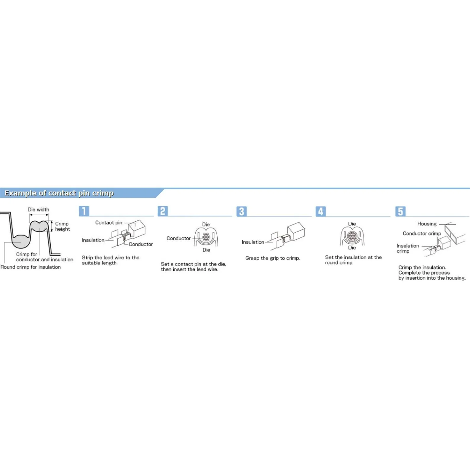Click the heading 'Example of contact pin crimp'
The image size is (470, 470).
(59, 193)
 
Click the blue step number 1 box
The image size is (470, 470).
(84, 211)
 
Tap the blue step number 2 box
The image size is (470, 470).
(163, 211)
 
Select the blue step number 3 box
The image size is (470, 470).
(242, 211)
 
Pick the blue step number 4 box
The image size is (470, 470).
(321, 211)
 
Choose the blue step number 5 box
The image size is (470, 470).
(400, 211)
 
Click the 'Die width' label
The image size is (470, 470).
(39, 210)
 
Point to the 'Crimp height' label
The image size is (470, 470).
(62, 226)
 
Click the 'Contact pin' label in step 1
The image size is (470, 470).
(109, 223)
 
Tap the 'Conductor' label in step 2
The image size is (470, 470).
(179, 238)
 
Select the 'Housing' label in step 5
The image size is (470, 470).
(427, 224)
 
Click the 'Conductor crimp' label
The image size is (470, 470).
(422, 234)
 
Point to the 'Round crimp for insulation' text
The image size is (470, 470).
(31, 267)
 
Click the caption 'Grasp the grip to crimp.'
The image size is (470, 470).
(273, 258)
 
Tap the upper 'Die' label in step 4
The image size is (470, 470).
(352, 224)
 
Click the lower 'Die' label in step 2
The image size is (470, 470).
(206, 250)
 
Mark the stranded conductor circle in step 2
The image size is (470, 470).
(206, 237)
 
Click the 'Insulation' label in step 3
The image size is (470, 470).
(253, 242)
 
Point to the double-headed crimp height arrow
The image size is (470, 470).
(52, 226)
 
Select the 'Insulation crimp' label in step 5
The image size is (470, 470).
(408, 248)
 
